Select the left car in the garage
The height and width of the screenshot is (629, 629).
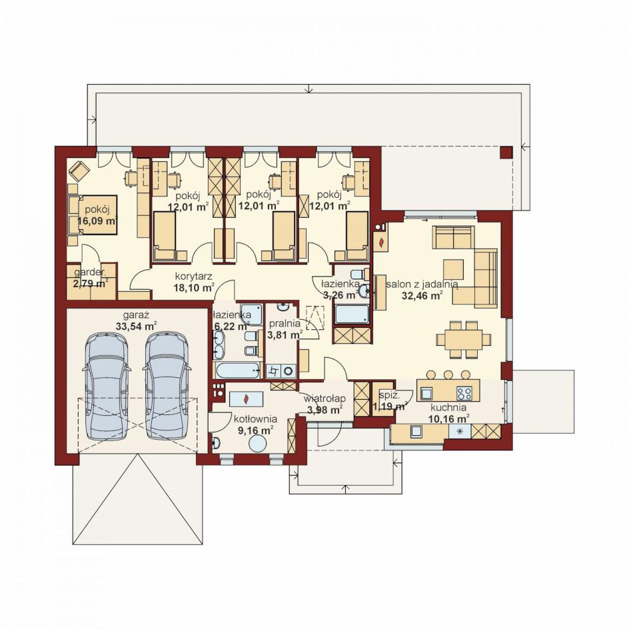click(x=107, y=386)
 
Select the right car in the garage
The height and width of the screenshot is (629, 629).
click(x=167, y=386)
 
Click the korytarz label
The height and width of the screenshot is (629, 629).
click(x=193, y=277)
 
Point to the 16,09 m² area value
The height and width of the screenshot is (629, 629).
click(x=97, y=221)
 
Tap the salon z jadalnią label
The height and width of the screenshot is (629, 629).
click(x=422, y=284)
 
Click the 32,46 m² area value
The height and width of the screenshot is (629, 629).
click(x=422, y=296)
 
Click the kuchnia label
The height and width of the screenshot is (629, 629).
click(x=448, y=408)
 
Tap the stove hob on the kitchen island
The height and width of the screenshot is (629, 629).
click(x=465, y=392)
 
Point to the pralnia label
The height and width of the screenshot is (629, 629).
click(x=285, y=323)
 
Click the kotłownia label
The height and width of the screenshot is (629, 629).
click(x=256, y=419)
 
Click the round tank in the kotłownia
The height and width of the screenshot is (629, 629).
click(x=258, y=445)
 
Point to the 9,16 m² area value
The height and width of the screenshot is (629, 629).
click(x=253, y=430)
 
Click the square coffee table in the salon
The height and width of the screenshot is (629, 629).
click(x=453, y=270)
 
